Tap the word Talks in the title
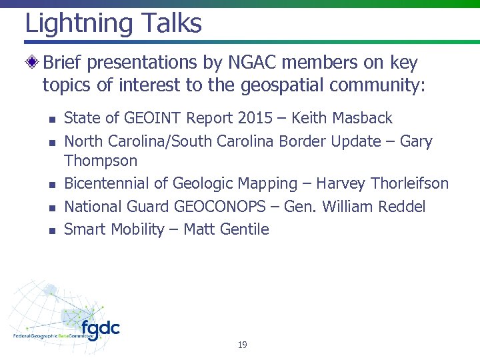pos(171,24)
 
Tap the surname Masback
pos(360,119)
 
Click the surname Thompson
pos(101,161)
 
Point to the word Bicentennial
pos(114,183)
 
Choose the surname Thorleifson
pos(409,183)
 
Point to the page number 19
pos(242,345)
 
